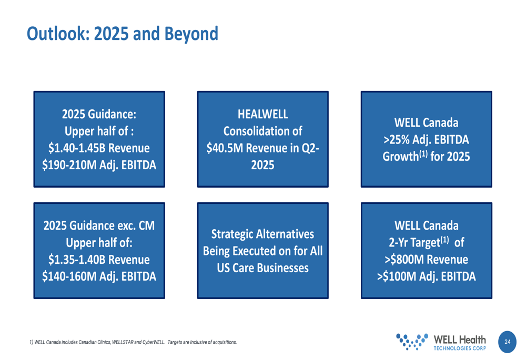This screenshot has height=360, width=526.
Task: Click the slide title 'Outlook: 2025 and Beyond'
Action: (123, 34)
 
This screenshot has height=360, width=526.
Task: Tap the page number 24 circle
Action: (507, 342)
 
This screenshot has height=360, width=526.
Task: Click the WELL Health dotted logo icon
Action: (412, 342)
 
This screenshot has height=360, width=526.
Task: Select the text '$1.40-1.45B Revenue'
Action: (99, 148)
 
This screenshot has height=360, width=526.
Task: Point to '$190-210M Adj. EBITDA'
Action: (99, 165)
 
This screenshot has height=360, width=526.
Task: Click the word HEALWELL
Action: (262, 114)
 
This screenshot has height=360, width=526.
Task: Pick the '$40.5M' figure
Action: (225, 148)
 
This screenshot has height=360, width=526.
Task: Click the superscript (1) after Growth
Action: (423, 154)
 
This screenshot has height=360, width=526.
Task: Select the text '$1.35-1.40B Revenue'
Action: (99, 260)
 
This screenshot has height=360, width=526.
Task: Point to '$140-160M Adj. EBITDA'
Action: (99, 276)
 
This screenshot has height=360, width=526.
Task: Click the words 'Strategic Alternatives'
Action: (262, 234)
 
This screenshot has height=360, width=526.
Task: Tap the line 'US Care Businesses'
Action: (262, 268)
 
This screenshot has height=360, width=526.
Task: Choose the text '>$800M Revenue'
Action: (427, 260)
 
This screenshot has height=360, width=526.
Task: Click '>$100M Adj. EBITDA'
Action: (427, 276)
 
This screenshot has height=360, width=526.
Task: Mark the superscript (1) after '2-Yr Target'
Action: (444, 240)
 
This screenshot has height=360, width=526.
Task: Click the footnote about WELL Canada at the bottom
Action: (133, 342)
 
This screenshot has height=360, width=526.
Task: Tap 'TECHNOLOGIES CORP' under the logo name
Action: (460, 348)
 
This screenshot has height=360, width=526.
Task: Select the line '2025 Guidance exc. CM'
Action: (99, 225)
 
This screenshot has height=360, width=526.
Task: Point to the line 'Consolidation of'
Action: (262, 131)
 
